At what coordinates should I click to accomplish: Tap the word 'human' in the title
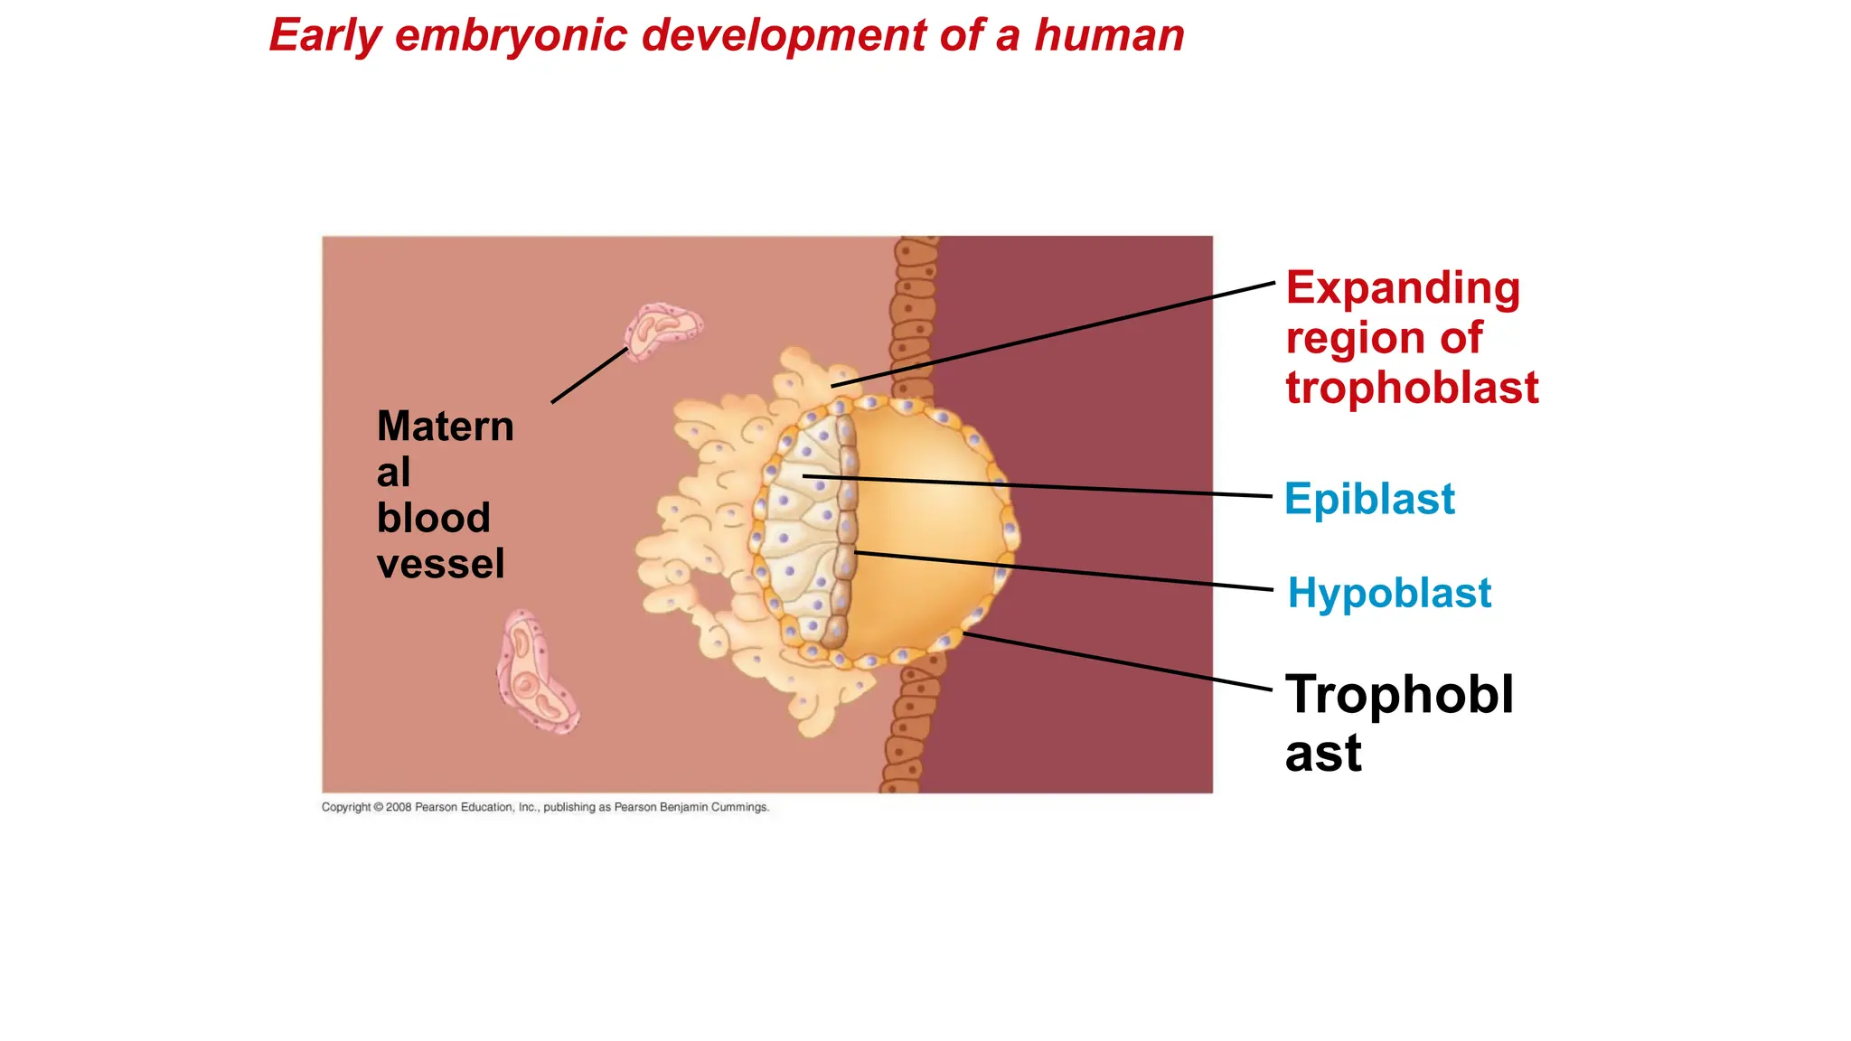[x=1109, y=36]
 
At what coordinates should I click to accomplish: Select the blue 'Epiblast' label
[x=1369, y=499]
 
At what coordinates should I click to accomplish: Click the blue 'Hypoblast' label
[x=1389, y=594]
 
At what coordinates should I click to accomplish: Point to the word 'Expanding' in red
[x=1403, y=288]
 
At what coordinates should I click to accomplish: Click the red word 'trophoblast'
[x=1412, y=388]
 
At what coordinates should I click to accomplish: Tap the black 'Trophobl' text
[x=1399, y=695]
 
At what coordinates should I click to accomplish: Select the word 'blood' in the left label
[x=433, y=518]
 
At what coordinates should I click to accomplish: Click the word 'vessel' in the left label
[x=440, y=564]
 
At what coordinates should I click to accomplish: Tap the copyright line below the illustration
[x=545, y=807]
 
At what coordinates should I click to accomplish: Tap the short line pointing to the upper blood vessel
[x=589, y=375]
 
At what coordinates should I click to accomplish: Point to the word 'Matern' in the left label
[x=445, y=427]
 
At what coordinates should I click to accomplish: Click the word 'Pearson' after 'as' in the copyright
[x=635, y=807]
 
